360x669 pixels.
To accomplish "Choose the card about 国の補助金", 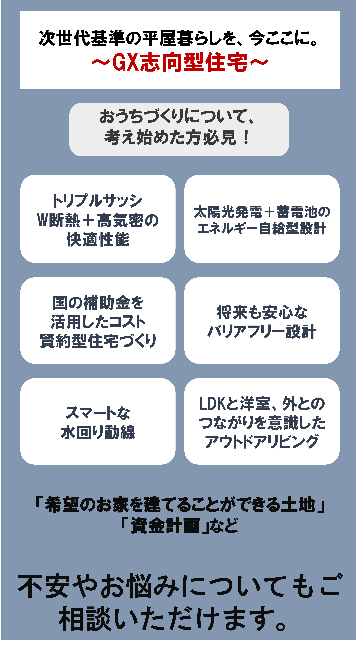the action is pos(98,320).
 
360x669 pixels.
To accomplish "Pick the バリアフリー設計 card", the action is pos(262,320).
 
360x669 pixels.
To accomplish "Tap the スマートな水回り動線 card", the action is pos(98,421).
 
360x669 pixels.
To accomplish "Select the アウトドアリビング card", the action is pos(262,421).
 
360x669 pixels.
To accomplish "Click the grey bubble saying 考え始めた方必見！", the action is pos(179,130).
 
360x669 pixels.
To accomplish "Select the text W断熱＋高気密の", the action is pos(98,220).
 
